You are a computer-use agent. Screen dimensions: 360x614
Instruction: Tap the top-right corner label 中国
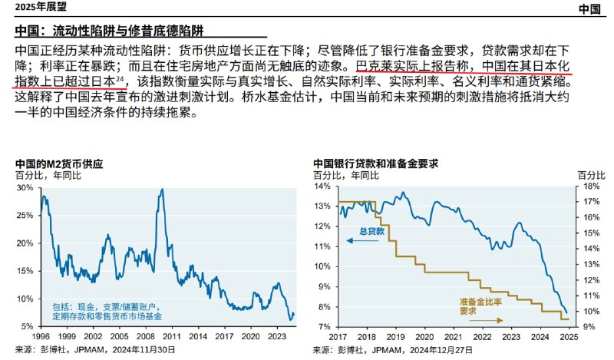pos(589,9)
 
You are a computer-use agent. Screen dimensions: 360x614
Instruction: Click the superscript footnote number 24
pos(120,78)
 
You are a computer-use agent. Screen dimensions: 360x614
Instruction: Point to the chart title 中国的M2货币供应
pos(58,164)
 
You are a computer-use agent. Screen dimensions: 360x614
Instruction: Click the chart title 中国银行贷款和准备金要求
pos(375,164)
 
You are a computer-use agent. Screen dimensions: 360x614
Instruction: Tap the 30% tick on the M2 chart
pos(24,187)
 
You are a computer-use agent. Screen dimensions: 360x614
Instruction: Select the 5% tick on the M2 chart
pos(26,326)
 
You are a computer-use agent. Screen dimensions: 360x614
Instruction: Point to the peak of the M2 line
pos(161,190)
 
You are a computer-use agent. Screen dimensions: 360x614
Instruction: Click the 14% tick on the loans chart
pos(322,187)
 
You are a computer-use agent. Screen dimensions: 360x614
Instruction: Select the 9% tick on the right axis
pos(587,326)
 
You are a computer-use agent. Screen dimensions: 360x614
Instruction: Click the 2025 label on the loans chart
pos(568,337)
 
